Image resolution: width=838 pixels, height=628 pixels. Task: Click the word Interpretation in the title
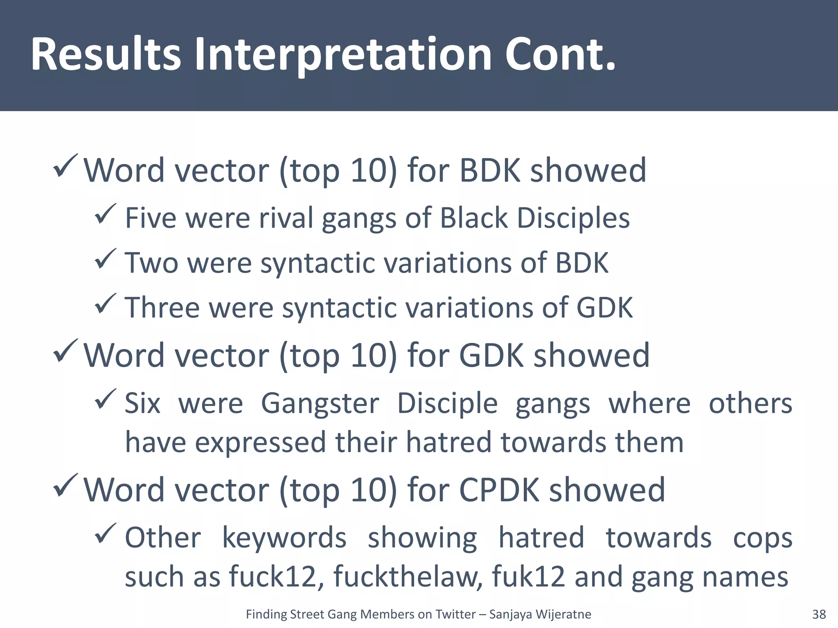click(342, 55)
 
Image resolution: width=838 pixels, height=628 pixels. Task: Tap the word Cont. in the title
click(560, 55)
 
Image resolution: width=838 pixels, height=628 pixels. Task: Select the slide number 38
click(819, 615)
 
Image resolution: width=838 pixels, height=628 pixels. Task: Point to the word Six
click(142, 404)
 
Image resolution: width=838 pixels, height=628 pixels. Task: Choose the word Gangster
click(320, 404)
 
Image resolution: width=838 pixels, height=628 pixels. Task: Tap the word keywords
click(284, 538)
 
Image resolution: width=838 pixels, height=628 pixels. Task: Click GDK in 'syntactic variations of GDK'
click(604, 307)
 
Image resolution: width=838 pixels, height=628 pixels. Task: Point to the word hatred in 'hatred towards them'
click(448, 443)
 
